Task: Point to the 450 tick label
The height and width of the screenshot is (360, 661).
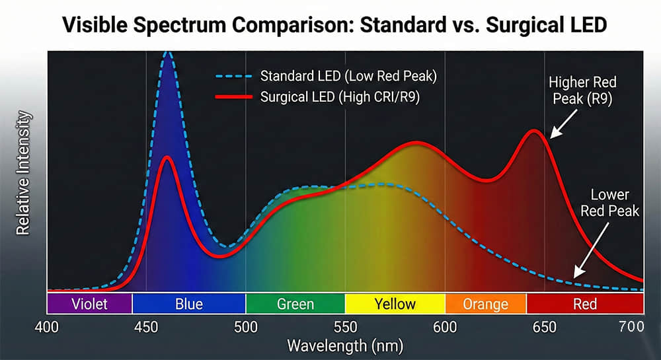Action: point(146,326)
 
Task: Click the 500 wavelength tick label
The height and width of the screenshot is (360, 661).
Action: point(245,326)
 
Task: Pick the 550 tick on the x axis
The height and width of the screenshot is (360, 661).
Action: point(345,326)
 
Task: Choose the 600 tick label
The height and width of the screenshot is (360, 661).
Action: point(445,326)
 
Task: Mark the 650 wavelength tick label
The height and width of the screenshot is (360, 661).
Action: point(544,326)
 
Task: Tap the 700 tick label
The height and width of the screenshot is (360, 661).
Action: point(631,326)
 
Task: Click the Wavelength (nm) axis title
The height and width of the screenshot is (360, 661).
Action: point(344,345)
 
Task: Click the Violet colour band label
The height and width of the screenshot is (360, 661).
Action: point(89,304)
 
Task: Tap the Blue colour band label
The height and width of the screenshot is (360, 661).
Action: point(189,304)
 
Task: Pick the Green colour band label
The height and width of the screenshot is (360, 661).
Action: point(295,304)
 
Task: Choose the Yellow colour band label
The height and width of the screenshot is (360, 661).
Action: point(395,304)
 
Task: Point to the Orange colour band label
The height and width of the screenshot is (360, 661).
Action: point(486,304)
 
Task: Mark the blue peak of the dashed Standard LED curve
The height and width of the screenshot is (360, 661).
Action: point(168,54)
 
